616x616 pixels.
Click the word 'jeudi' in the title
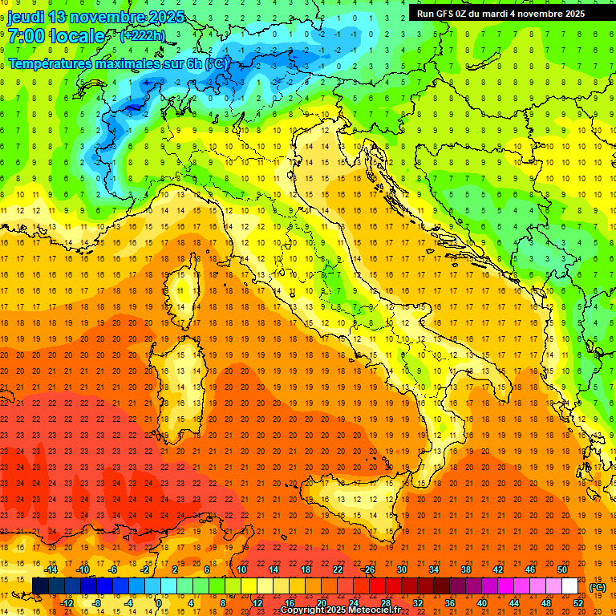[x=26, y=17]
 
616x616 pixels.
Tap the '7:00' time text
[x=27, y=36]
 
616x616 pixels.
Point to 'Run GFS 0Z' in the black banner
[x=442, y=14]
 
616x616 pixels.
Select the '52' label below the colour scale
[x=578, y=602]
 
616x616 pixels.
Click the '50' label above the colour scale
[x=562, y=569]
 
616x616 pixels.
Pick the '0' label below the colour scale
[x=159, y=602]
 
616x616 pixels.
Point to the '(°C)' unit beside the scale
[x=598, y=587]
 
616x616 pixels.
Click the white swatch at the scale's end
[x=569, y=586]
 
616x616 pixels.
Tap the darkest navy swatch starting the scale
[x=40, y=586]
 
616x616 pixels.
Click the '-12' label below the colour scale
[x=67, y=602]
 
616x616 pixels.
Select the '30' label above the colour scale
[x=401, y=569]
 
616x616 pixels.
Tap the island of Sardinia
[x=184, y=377]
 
